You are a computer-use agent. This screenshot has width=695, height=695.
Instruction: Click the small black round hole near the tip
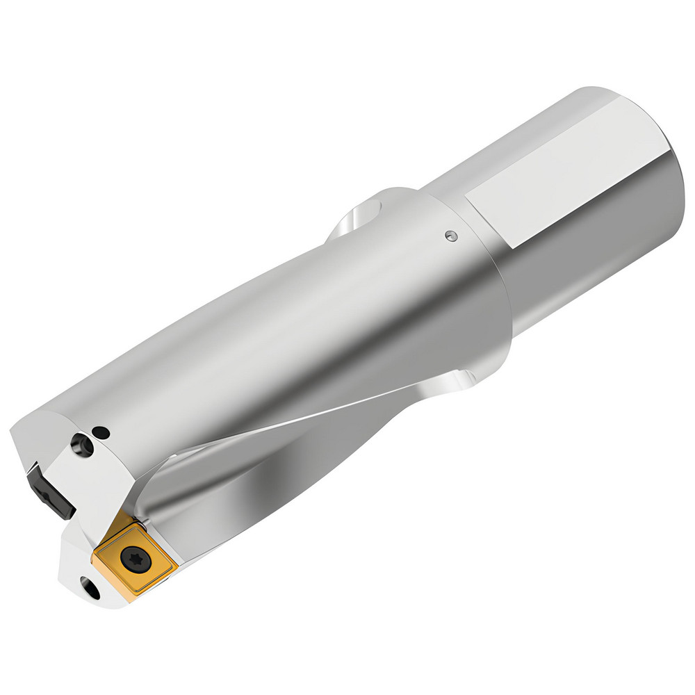104,432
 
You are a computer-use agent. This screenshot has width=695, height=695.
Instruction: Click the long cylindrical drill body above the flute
278,334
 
